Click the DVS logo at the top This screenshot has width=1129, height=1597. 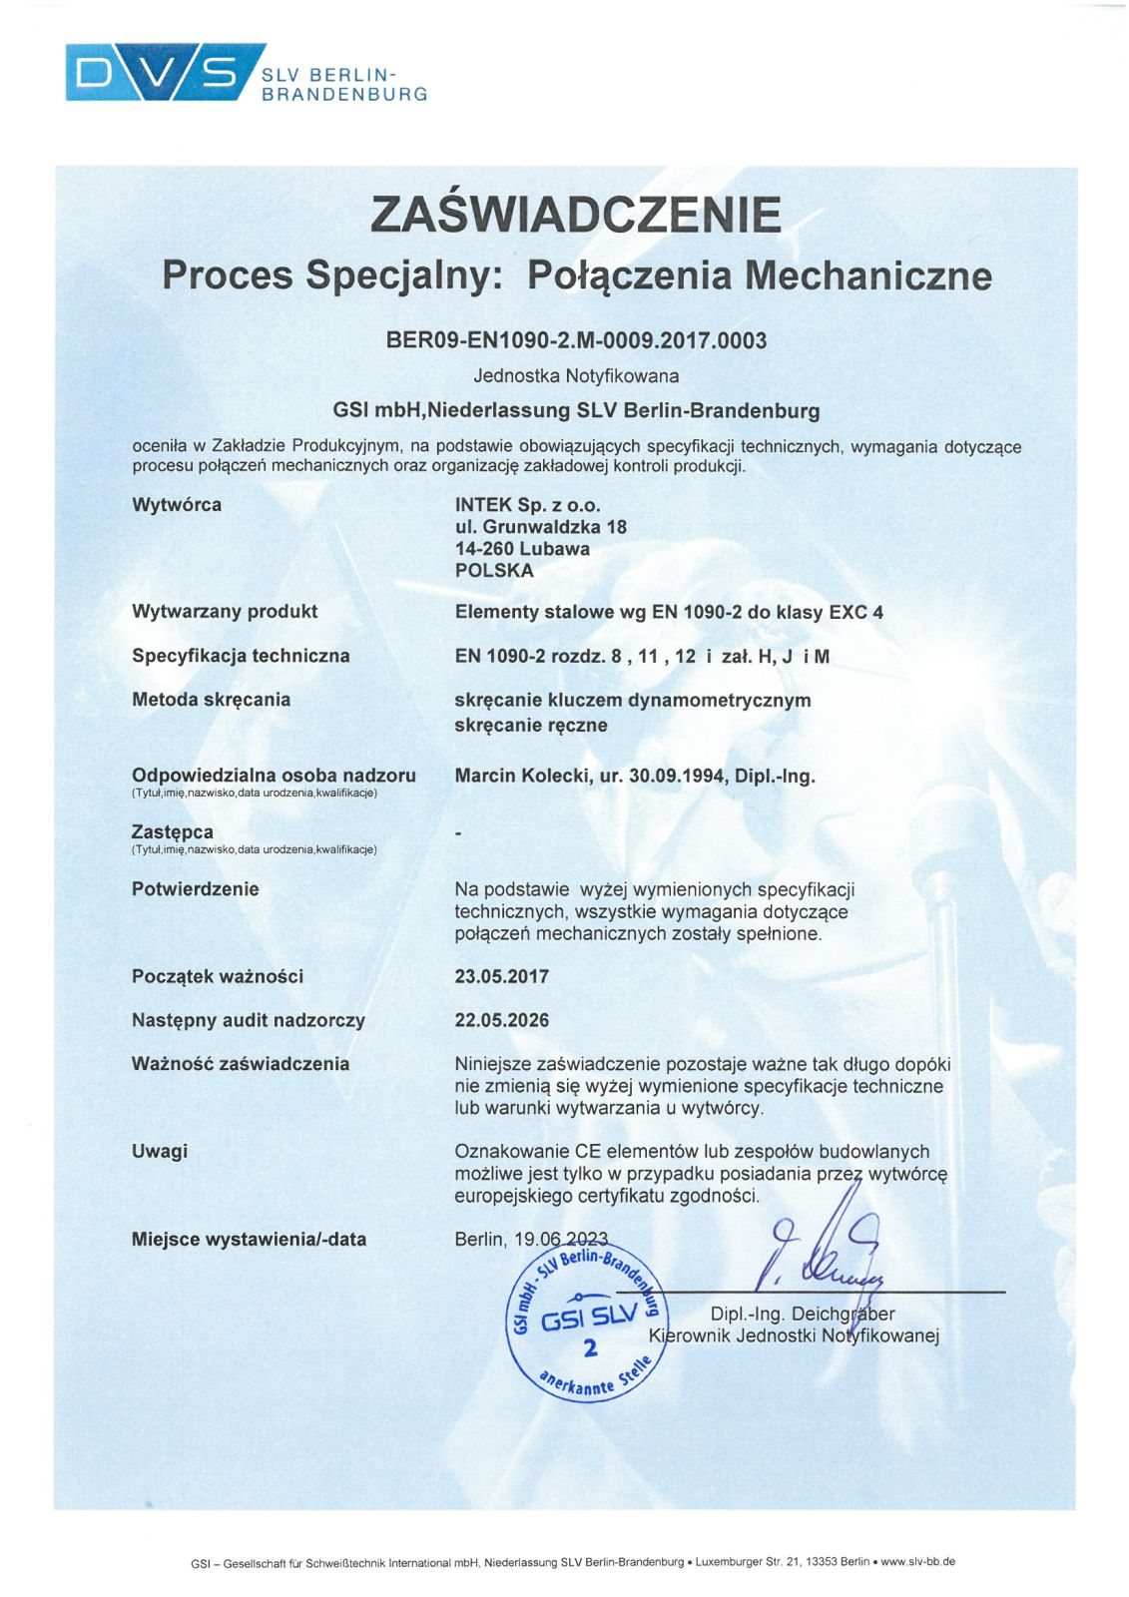[165, 72]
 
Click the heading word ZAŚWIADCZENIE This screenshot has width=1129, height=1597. [576, 215]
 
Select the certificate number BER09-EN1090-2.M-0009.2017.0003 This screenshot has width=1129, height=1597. [576, 341]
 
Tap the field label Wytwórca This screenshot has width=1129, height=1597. [177, 505]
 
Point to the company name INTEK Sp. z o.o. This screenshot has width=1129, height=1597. [527, 505]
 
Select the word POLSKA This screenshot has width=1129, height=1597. [493, 571]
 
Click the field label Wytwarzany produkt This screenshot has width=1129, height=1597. [225, 612]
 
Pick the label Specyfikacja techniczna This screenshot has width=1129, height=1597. [241, 656]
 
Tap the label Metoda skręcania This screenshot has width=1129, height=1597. [211, 700]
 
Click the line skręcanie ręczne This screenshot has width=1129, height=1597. [530, 726]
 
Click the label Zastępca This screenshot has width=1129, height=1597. [172, 831]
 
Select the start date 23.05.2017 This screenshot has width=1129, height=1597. [501, 976]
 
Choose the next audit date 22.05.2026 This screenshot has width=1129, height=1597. [501, 1020]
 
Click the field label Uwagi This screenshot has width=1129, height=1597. [160, 1151]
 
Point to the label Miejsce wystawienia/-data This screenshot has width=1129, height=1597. [249, 1240]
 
